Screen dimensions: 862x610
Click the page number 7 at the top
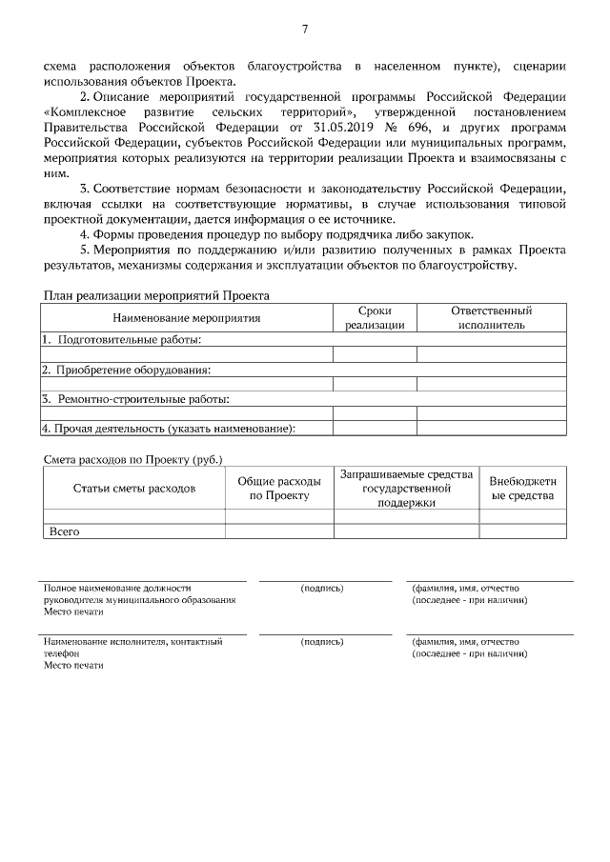pyautogui.click(x=305, y=30)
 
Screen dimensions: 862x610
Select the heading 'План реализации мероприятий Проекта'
pyautogui.click(x=157, y=296)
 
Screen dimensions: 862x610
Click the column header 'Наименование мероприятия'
pyautogui.click(x=186, y=318)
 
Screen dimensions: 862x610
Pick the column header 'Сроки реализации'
pyautogui.click(x=375, y=318)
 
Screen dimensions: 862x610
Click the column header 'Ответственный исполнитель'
pyautogui.click(x=491, y=318)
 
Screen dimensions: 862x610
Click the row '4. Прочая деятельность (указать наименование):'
pyautogui.click(x=168, y=429)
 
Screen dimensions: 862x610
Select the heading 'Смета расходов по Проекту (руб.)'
pyautogui.click(x=133, y=459)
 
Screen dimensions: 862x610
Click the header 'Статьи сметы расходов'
pyautogui.click(x=133, y=489)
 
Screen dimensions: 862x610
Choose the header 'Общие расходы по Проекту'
pyautogui.click(x=279, y=489)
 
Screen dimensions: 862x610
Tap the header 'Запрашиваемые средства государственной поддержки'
pyautogui.click(x=406, y=489)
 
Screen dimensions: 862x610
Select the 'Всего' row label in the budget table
pyautogui.click(x=63, y=531)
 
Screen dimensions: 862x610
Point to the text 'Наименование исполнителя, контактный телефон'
pyautogui.click(x=132, y=648)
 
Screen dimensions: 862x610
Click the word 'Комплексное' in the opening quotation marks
pyautogui.click(x=85, y=111)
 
